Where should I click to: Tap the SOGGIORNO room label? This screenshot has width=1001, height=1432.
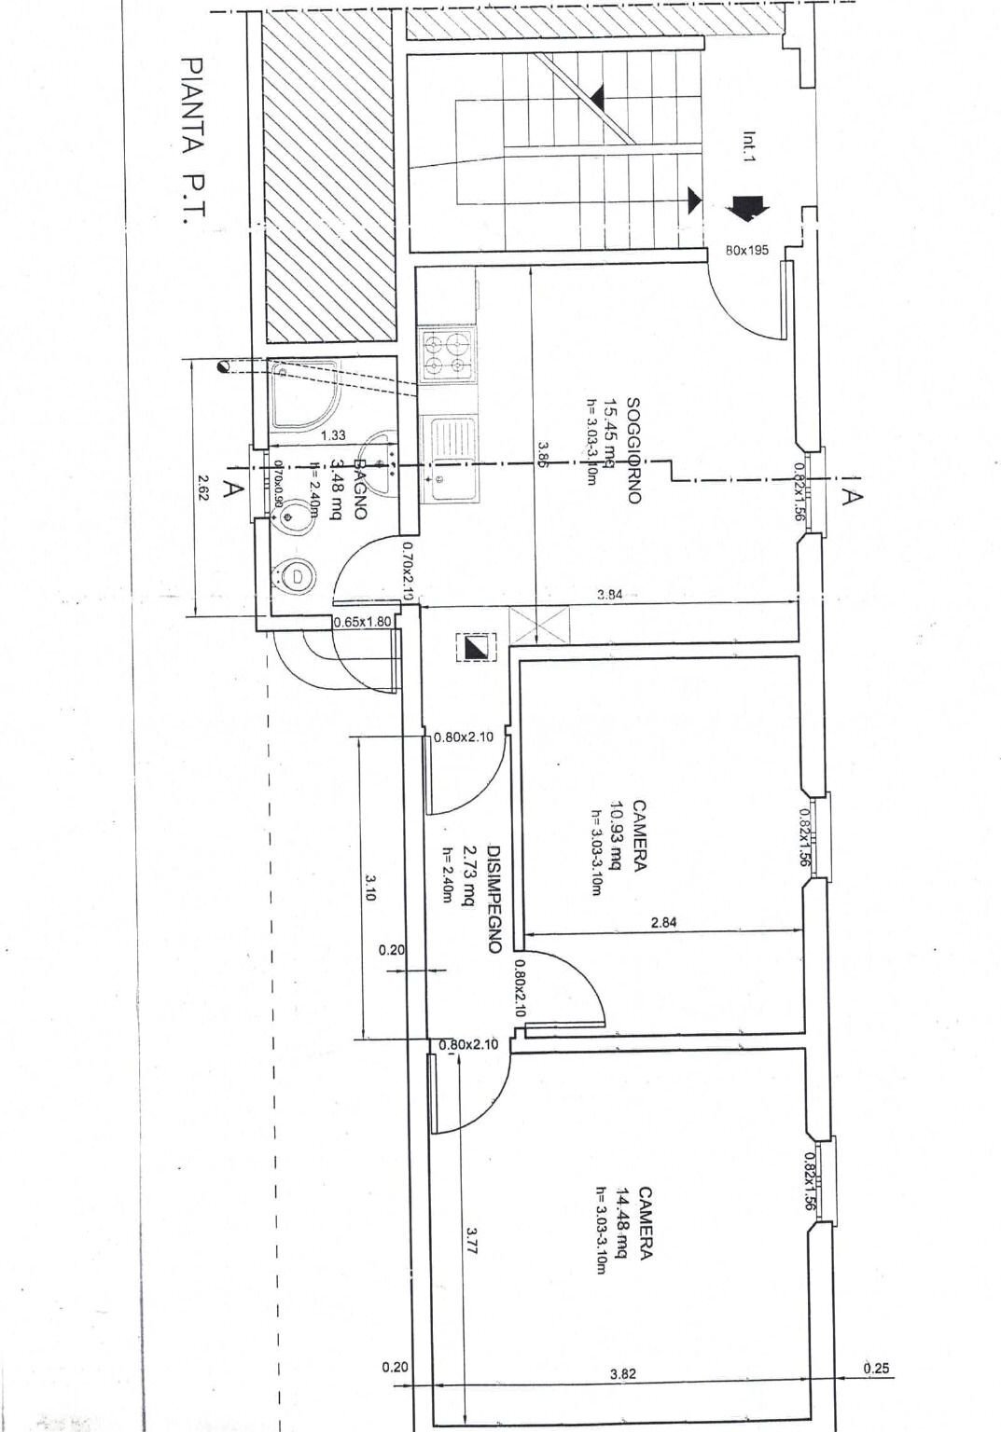[633, 451]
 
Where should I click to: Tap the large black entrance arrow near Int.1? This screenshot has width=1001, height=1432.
[749, 207]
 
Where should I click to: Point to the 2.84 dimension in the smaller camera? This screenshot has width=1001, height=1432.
[662, 922]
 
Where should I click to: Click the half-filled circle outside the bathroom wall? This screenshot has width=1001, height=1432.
[223, 365]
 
